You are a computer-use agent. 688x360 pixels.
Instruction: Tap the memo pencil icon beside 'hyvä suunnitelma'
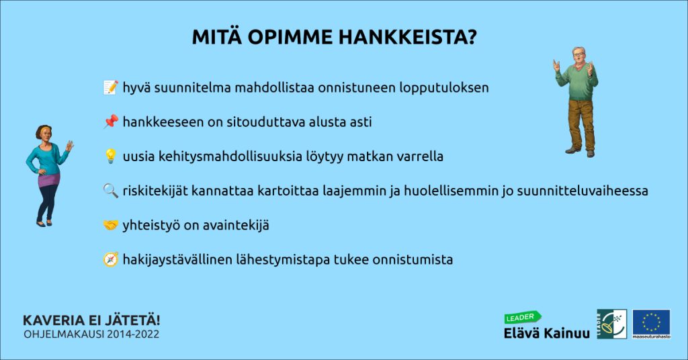pyautogui.click(x=111, y=87)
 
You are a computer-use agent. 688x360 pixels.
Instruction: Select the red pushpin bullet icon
pyautogui.click(x=111, y=122)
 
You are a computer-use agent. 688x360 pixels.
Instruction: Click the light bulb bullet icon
pyautogui.click(x=111, y=156)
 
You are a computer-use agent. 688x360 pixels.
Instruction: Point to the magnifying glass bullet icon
pyautogui.click(x=111, y=190)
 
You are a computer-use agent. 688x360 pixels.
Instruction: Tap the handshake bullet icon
pyautogui.click(x=111, y=225)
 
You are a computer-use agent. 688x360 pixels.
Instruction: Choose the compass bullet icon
pyautogui.click(x=111, y=259)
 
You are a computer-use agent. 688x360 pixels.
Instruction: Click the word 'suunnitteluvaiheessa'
pyautogui.click(x=583, y=191)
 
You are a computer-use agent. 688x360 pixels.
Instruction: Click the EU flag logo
pyautogui.click(x=651, y=324)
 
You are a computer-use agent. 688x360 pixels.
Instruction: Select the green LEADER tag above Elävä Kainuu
pyautogui.click(x=522, y=317)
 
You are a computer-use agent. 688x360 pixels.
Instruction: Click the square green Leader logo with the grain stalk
pyautogui.click(x=611, y=324)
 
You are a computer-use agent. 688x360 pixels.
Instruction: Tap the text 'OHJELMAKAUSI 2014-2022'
pyautogui.click(x=91, y=334)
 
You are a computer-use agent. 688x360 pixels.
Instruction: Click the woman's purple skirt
pyautogui.click(x=49, y=180)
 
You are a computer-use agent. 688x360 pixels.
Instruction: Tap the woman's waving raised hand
pyautogui.click(x=69, y=146)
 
